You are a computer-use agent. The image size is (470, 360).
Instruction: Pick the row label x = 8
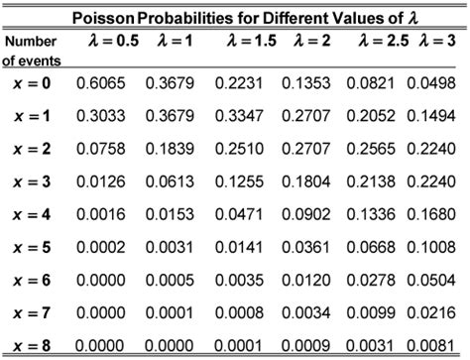34,346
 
